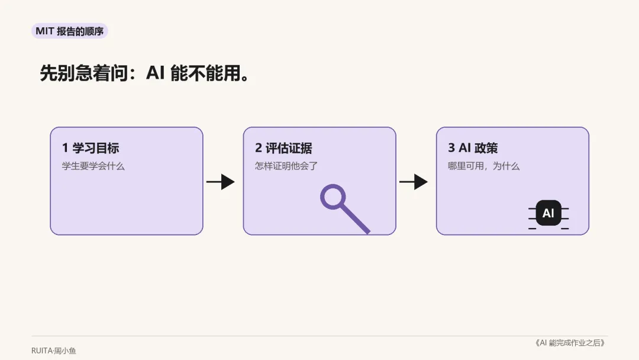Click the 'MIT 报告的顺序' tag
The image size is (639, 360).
pos(70,31)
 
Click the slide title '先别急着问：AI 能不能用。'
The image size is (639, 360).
pos(145,73)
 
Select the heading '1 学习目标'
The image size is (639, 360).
pos(91,148)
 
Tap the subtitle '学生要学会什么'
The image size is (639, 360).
pos(93,166)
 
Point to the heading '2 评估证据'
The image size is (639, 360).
pos(283,148)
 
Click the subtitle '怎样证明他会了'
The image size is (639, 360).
pos(286,166)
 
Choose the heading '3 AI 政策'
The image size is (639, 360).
pos(473,148)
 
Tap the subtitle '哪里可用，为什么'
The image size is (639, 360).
pos(484,166)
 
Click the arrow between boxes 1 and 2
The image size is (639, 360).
pos(221,182)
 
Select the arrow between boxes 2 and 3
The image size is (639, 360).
pos(413,182)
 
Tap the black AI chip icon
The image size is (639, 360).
pos(548,213)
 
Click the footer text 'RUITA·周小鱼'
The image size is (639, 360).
pos(54,351)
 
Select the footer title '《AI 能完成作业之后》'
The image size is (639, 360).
pos(570,343)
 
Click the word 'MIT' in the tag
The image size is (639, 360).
pos(45,31)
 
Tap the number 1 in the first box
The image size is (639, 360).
pos(65,148)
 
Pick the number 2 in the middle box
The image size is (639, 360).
pos(259,148)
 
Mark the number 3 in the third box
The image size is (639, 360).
pos(451,148)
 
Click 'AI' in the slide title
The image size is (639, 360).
pos(155,73)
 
